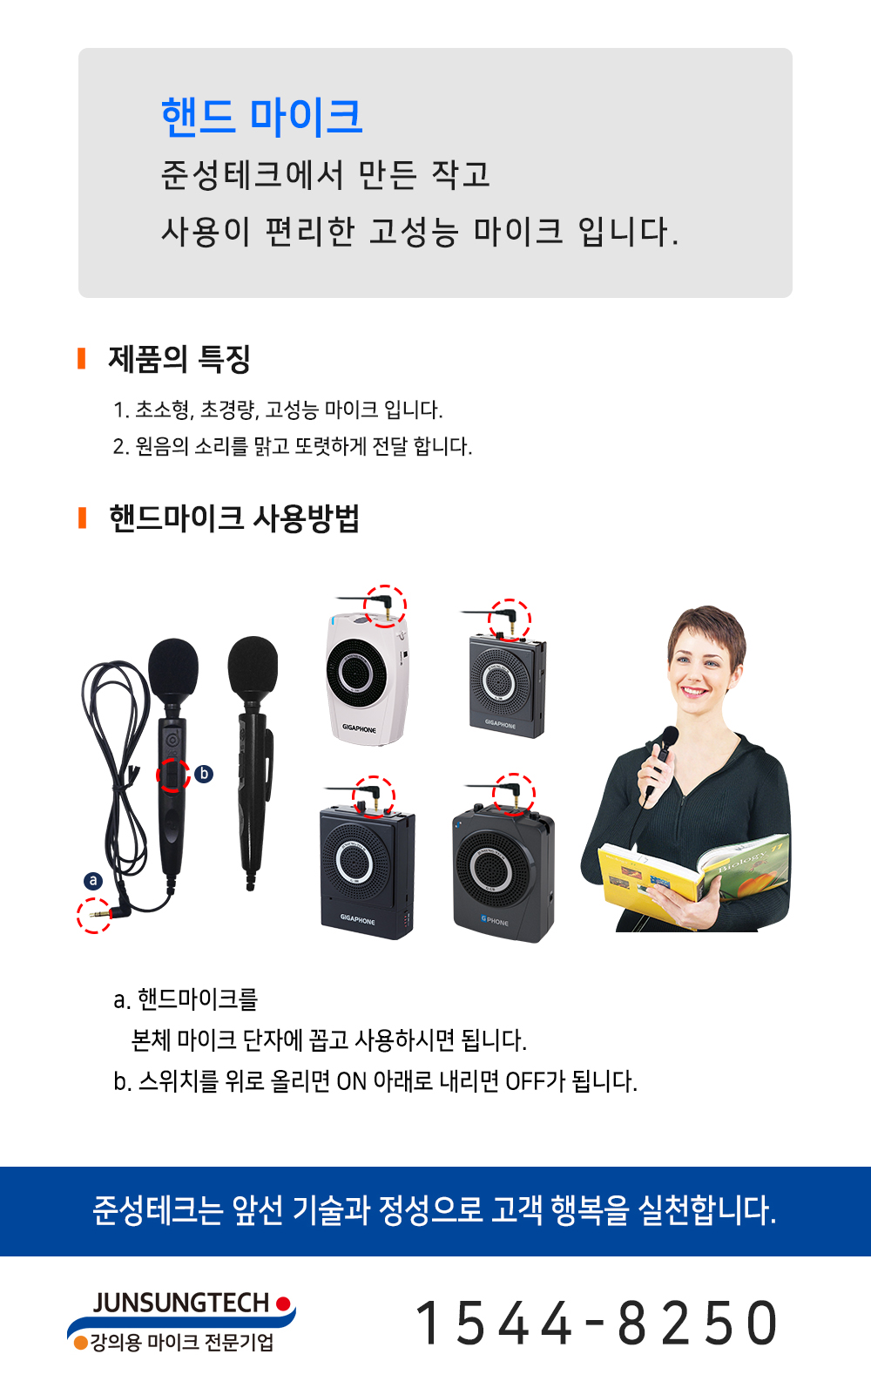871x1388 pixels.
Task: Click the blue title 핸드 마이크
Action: coord(261,117)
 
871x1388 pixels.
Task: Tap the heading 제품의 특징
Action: coord(179,359)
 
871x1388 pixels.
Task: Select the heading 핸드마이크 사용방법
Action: coord(234,518)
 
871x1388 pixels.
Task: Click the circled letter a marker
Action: coord(93,881)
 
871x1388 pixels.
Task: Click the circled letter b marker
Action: coord(204,774)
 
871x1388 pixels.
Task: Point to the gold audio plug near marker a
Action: coord(99,914)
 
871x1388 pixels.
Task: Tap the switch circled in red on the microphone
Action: coord(172,775)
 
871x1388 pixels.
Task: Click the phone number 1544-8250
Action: coord(595,1323)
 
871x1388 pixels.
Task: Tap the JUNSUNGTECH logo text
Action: coord(180,1303)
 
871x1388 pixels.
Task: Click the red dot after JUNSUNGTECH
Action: coord(284,1303)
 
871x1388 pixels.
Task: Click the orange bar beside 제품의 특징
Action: coord(81,358)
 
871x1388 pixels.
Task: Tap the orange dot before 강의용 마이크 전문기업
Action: coord(80,1343)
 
